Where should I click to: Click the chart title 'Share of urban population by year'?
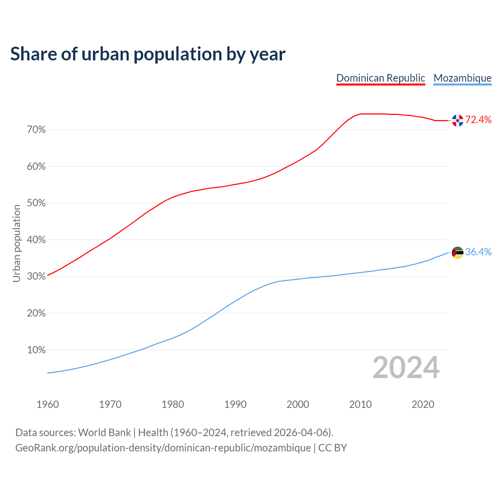click(148, 54)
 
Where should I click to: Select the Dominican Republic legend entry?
click(380, 78)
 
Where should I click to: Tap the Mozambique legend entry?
click(462, 78)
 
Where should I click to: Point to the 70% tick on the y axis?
click(36, 130)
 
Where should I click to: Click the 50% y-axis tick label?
click(36, 203)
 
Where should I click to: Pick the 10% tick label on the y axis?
click(36, 350)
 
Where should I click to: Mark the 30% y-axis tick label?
click(36, 276)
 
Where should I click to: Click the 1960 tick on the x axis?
click(47, 404)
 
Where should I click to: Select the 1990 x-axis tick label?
click(235, 404)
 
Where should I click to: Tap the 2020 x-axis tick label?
click(423, 404)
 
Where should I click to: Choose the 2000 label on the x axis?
click(298, 404)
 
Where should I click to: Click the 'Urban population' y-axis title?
click(16, 243)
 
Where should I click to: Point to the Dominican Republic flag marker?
click(457, 120)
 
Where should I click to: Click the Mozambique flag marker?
click(457, 253)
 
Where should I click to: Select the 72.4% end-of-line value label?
click(478, 120)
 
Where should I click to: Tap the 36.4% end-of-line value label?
click(478, 252)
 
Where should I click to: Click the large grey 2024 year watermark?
click(406, 367)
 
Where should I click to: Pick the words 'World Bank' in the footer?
click(104, 433)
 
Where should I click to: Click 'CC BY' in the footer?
click(333, 448)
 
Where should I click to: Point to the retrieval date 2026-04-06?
click(300, 433)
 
